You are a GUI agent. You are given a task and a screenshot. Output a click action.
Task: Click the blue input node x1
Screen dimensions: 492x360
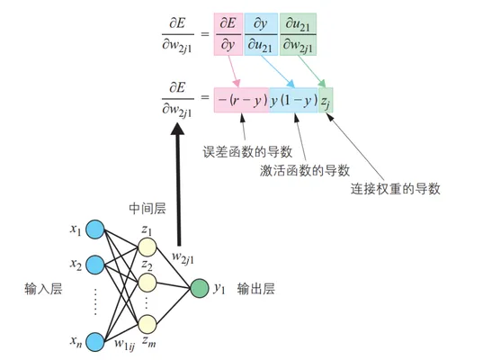coord(95,229)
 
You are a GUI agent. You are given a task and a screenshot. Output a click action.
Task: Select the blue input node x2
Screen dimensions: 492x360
coord(95,265)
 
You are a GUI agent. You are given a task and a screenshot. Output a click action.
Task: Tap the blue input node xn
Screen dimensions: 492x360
coord(95,342)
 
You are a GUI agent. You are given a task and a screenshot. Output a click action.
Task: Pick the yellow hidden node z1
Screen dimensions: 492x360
coord(148,247)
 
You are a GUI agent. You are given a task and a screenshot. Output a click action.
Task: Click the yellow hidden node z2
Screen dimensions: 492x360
coord(148,283)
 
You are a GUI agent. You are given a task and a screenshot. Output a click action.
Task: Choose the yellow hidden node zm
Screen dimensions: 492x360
coord(148,324)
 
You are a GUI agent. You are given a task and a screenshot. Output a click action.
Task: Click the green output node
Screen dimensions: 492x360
coord(200,288)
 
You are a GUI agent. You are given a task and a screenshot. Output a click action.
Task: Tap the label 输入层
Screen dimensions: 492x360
coord(43,289)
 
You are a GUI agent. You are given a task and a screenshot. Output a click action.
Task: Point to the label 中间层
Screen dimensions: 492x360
coord(148,209)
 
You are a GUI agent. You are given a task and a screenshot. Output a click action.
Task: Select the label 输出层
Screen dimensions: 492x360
coord(256,289)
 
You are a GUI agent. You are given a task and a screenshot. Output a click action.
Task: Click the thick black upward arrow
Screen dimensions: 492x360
coord(178,184)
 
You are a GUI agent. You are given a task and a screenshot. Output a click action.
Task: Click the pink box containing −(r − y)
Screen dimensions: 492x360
coord(242,100)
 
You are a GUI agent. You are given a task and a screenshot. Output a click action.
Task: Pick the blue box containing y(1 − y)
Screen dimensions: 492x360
coord(294,100)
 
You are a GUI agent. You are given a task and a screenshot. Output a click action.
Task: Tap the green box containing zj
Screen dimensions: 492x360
coord(326,100)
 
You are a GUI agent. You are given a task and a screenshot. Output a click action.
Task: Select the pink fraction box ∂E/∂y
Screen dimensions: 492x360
coord(228,34)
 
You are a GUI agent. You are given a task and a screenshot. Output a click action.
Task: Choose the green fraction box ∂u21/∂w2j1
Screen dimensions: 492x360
coord(298,34)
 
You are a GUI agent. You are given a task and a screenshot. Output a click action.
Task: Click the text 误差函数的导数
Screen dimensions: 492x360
coord(247,152)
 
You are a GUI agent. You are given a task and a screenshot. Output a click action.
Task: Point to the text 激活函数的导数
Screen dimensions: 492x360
coord(305,170)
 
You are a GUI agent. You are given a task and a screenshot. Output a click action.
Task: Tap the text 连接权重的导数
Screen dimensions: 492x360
coord(396,189)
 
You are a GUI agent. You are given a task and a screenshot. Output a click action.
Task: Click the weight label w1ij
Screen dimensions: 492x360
coord(124,345)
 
